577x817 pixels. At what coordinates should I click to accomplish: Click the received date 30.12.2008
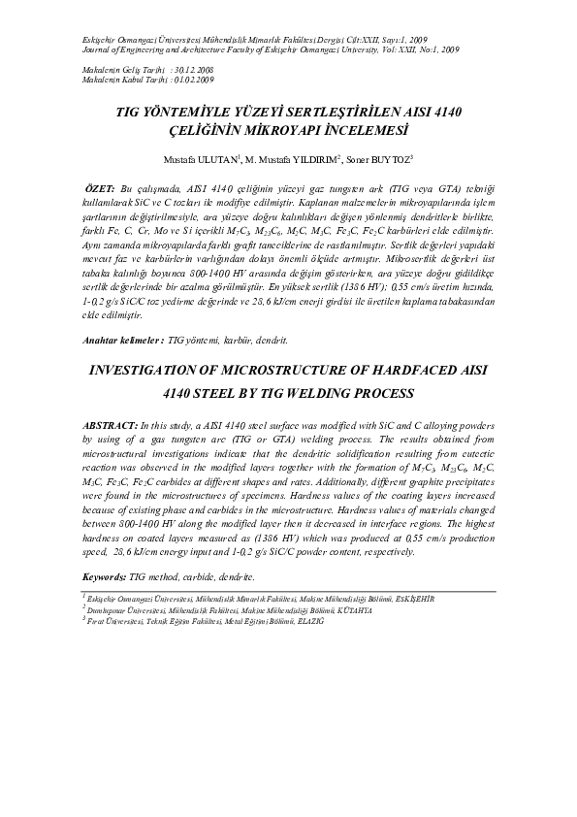[193, 71]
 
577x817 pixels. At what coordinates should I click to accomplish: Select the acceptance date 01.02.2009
[193, 81]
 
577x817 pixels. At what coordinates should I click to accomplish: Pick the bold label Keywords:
[104, 577]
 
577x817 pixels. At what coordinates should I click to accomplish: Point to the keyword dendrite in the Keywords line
[234, 577]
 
